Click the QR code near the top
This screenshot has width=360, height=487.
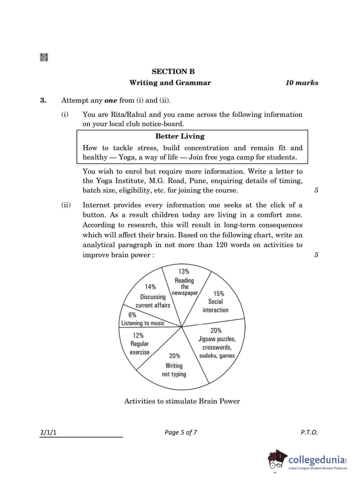(44, 57)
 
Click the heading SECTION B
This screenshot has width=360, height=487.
(173, 71)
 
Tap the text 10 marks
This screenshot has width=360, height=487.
(301, 83)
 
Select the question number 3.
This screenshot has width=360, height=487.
(43, 100)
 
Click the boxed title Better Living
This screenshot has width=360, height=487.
(180, 136)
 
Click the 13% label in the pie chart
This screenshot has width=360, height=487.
(184, 272)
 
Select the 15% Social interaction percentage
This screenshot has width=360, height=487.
(218, 293)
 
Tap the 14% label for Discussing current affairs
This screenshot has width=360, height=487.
(150, 287)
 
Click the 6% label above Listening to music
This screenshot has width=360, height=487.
(132, 315)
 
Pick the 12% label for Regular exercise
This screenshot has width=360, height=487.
(138, 335)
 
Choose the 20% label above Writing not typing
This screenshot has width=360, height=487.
(174, 356)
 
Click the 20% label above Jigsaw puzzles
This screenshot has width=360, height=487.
(216, 330)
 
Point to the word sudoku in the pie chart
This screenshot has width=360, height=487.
(208, 356)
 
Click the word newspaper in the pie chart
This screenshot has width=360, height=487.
(185, 293)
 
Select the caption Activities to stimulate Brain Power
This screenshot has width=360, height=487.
(182, 401)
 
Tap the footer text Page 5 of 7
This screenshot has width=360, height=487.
(181, 432)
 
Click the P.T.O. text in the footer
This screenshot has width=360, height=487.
(309, 432)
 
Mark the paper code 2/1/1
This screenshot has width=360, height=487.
(48, 432)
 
